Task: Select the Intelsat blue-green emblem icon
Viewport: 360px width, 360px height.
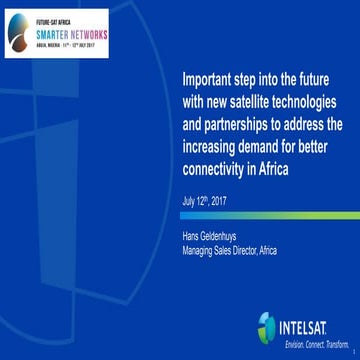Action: tap(265, 326)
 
